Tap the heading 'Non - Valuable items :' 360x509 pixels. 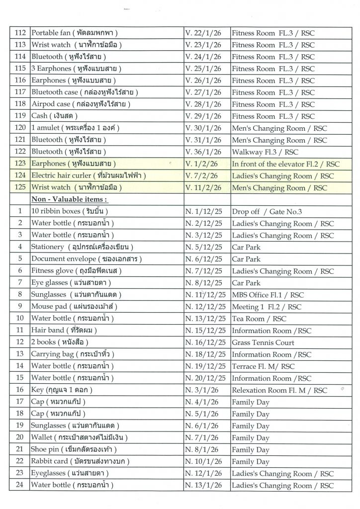70,199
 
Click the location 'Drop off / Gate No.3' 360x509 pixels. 267,211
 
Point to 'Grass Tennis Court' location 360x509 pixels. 263,342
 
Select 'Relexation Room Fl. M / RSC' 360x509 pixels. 279,390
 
